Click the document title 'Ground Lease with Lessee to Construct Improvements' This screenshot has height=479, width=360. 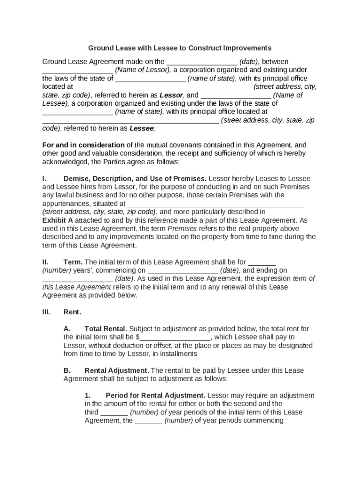pos(180,48)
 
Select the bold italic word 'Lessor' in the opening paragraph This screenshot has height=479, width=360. pos(171,95)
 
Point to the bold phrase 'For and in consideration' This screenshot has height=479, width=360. pos(83,145)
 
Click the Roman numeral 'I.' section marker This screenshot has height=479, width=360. pos(44,179)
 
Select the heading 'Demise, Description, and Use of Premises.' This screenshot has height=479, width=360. pos(135,179)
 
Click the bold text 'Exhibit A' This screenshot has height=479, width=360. pos(58,220)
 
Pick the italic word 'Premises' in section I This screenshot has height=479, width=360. pos(182,229)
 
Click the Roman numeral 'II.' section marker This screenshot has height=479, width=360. pos(45,262)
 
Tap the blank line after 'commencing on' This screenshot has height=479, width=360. pos(183,271)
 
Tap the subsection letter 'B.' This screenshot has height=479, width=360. pos(67,370)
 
